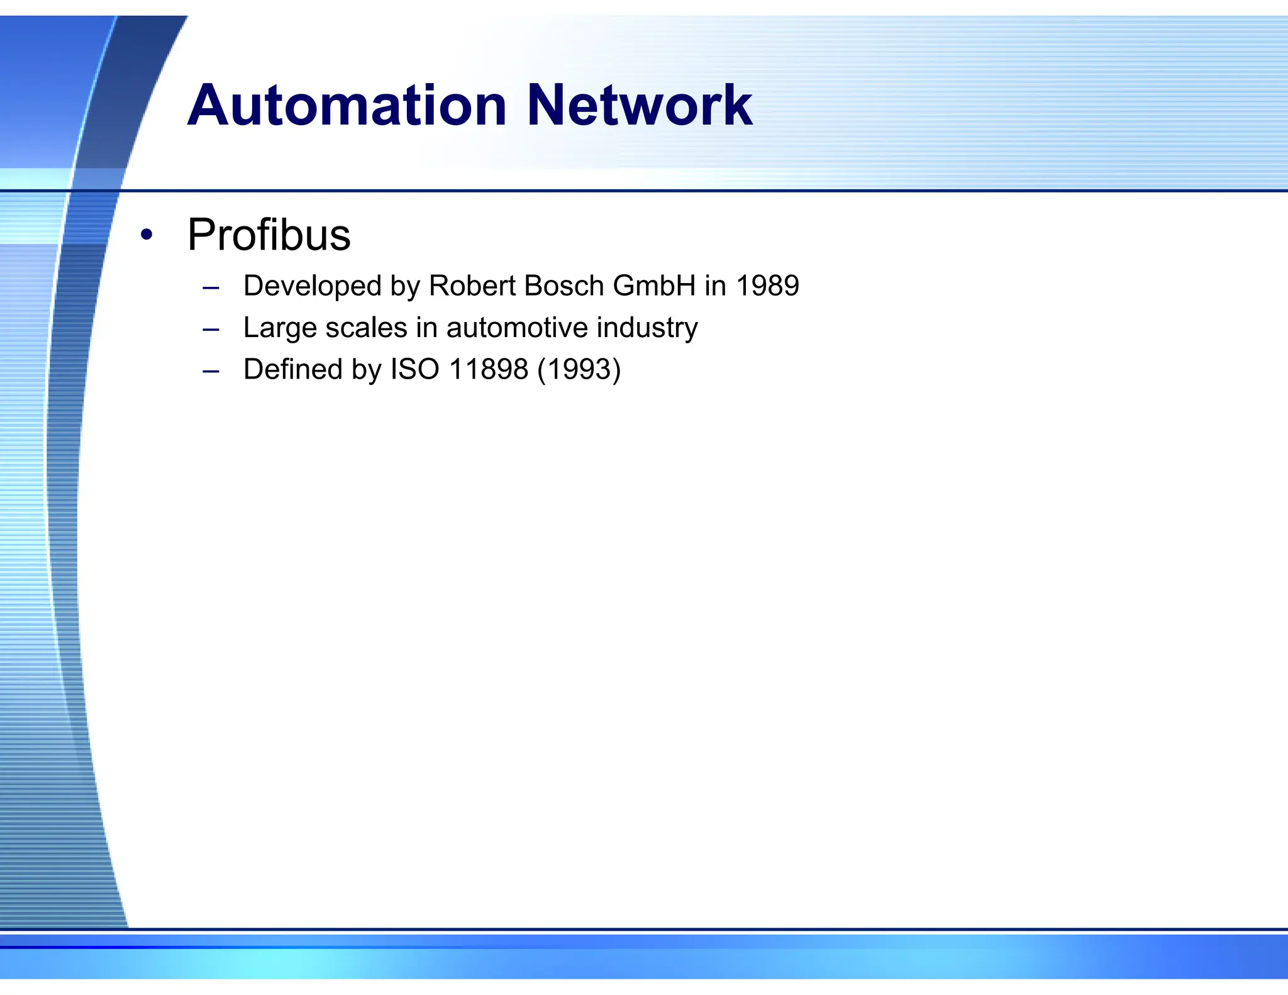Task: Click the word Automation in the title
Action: [347, 106]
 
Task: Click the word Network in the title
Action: [639, 106]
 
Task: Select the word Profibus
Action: [269, 235]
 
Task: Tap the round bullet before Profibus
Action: [147, 235]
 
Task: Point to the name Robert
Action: [472, 286]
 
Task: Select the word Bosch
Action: [563, 286]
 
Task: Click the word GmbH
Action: [654, 286]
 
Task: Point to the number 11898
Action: [489, 369]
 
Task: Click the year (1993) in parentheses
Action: [579, 369]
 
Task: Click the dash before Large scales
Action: [211, 330]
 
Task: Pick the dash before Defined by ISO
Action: [211, 371]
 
